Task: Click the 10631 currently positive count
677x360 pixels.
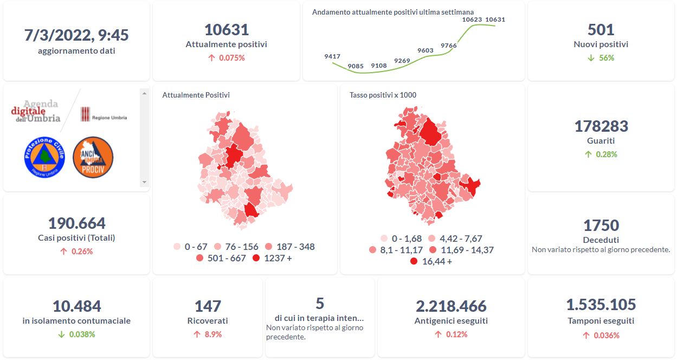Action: (x=226, y=30)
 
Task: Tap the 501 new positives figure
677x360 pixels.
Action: (x=601, y=30)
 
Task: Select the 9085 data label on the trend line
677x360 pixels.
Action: (x=356, y=66)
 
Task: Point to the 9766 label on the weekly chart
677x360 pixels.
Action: (x=449, y=46)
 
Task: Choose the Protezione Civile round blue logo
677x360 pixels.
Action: (x=44, y=157)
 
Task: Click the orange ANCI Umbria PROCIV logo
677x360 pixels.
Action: (x=93, y=157)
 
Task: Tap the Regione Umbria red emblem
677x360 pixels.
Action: (x=85, y=114)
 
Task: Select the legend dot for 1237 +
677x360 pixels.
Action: (x=255, y=259)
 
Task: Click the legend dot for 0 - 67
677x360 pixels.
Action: (x=177, y=247)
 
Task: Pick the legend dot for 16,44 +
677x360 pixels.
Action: (x=414, y=262)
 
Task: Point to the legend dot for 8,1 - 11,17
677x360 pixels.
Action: (x=372, y=250)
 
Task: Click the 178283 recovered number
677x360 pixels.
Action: (x=601, y=126)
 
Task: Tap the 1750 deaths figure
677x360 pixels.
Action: (x=601, y=225)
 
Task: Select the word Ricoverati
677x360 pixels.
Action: (x=208, y=321)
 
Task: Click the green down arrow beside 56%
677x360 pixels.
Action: (x=591, y=58)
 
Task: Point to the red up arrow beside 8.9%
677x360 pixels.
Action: (x=197, y=335)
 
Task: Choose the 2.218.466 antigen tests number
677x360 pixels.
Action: (x=451, y=306)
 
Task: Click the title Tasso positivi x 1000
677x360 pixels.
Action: (x=383, y=95)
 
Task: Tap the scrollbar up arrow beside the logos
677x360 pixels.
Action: (x=144, y=93)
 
